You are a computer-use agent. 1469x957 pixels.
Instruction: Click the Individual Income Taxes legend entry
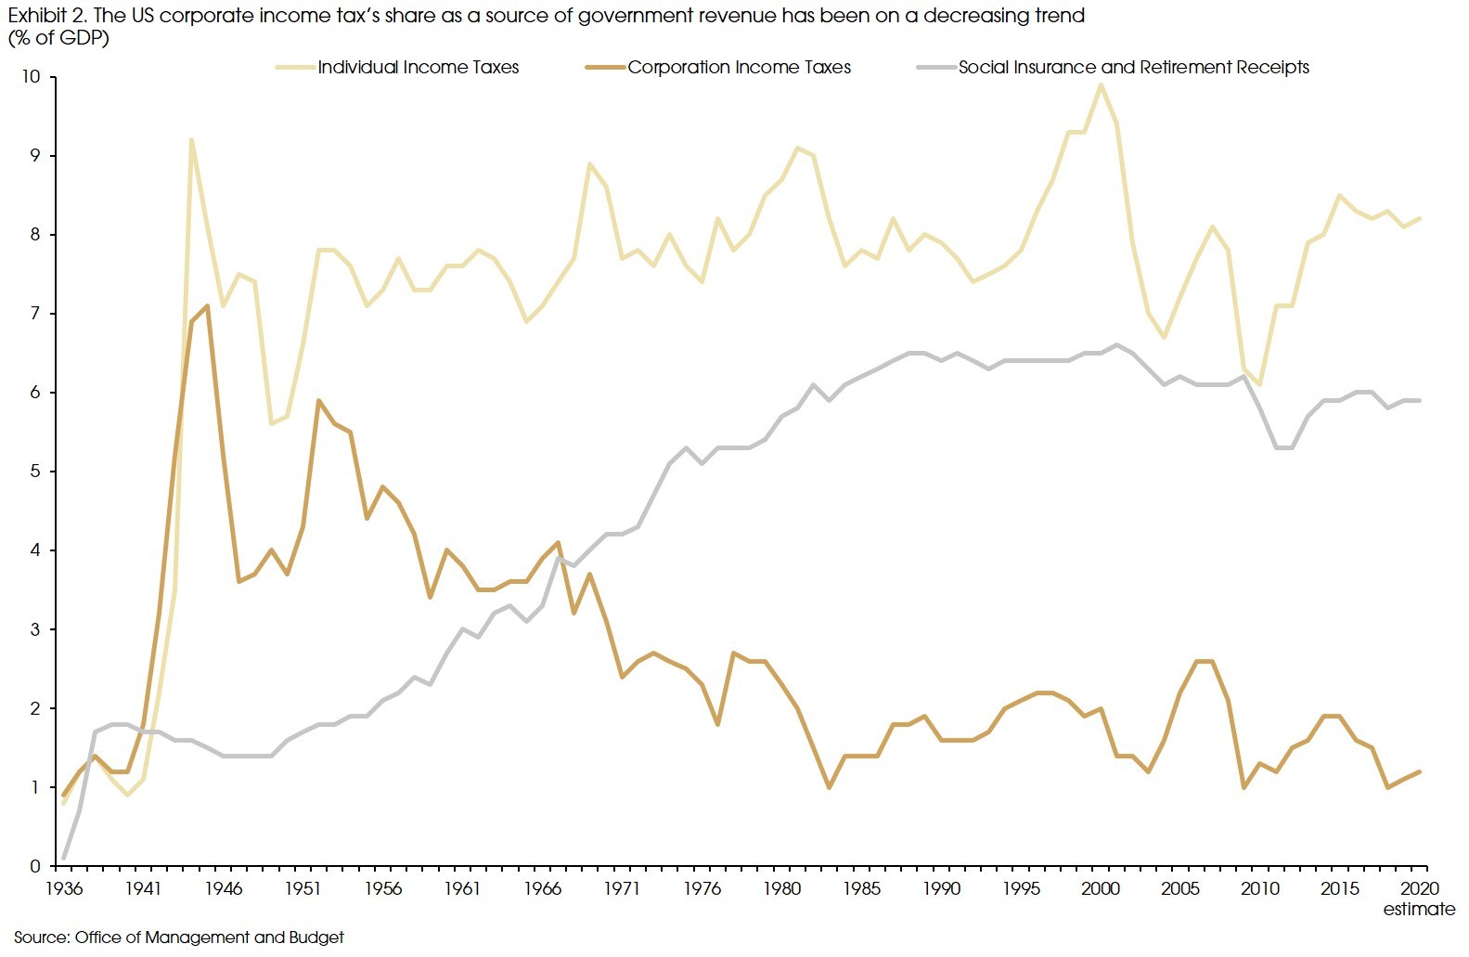[x=418, y=67]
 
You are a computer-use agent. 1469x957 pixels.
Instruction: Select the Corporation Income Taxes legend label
[x=739, y=67]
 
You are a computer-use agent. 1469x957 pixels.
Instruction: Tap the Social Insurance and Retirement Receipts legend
[x=1133, y=67]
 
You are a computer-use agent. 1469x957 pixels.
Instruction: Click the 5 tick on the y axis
[x=35, y=472]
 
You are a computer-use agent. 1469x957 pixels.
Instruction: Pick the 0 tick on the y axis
[x=35, y=866]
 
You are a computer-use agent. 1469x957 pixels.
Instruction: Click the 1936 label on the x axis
[x=64, y=888]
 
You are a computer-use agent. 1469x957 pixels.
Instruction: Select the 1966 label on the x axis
[x=542, y=888]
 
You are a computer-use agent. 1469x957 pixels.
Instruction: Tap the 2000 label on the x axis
[x=1101, y=888]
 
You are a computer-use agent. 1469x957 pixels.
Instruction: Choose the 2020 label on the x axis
[x=1419, y=888]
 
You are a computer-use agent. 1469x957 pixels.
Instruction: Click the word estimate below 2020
[x=1419, y=909]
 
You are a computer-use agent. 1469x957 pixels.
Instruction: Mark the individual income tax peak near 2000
[x=1101, y=85]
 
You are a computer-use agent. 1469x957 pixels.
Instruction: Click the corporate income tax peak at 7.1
[x=207, y=305]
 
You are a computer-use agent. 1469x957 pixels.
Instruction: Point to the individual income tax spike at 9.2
[x=191, y=140]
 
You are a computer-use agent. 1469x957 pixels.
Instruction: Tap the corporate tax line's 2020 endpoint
[x=1419, y=771]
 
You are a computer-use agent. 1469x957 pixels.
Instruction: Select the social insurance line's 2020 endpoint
[x=1419, y=400]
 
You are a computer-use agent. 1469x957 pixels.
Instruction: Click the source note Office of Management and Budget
[x=209, y=938]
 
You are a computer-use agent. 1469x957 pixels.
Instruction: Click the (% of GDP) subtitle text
[x=58, y=38]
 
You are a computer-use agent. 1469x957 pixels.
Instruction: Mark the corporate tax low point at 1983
[x=829, y=787]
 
